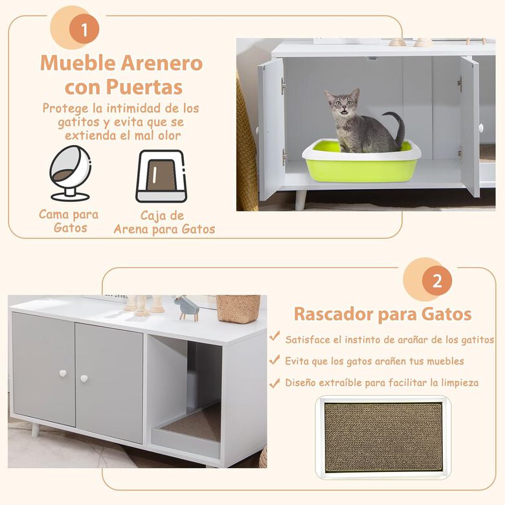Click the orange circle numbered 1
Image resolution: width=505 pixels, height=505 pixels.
tap(85, 30)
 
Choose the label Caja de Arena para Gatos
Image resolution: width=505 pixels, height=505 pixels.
tap(164, 222)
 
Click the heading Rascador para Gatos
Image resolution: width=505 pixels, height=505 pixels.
tap(383, 315)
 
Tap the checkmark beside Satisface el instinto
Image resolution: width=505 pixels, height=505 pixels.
tap(275, 338)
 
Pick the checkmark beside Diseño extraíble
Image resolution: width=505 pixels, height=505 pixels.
tap(275, 382)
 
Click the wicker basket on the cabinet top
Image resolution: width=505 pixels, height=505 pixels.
tap(238, 309)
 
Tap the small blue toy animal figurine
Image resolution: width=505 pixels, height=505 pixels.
tap(187, 308)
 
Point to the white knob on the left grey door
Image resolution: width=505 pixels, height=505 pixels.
tap(63, 374)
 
